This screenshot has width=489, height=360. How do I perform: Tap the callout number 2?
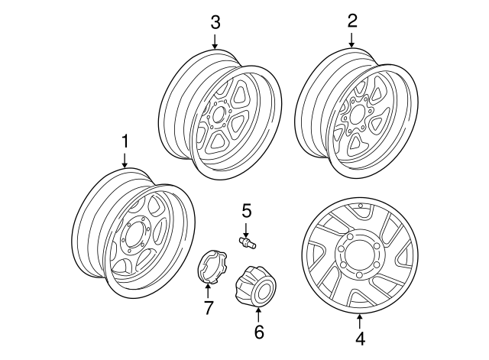pos(352,21)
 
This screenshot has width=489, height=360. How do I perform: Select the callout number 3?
pos(215,22)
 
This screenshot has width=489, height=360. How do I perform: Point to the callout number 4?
pos(359,337)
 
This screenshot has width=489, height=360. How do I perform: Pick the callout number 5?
pos(247,209)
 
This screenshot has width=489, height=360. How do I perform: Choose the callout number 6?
pos(258,332)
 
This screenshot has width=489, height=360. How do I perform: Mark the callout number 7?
pos(208,308)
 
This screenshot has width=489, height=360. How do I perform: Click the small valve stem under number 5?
pos(248,242)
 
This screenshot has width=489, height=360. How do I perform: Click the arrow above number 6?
pos(258,313)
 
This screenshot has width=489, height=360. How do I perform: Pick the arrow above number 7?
pos(208,290)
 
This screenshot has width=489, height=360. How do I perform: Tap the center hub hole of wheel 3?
pos(219,115)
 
